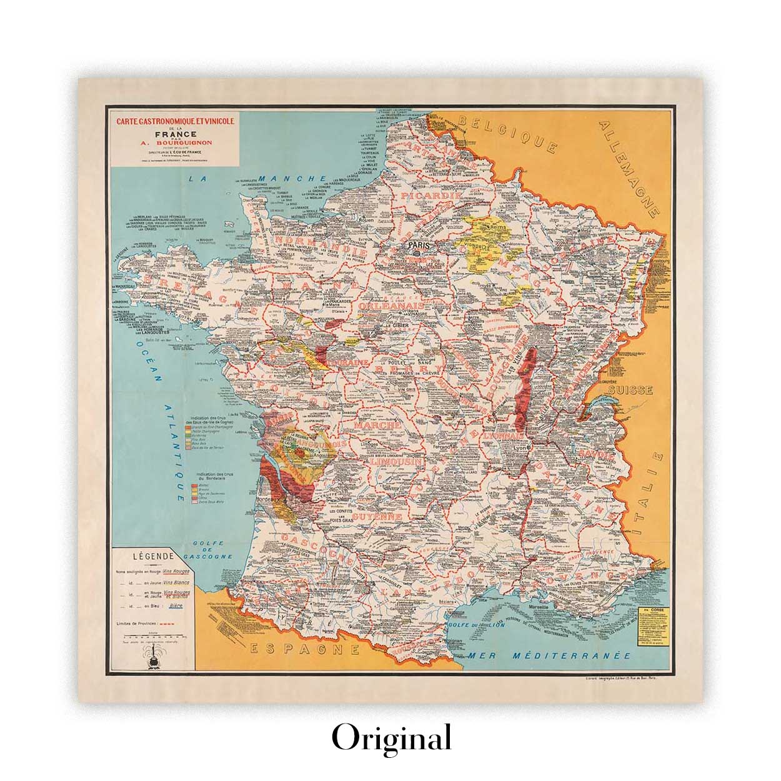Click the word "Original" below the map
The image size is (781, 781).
(391, 738)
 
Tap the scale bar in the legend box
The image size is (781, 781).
(152, 637)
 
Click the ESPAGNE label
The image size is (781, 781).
(304, 649)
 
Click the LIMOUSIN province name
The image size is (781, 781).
(395, 463)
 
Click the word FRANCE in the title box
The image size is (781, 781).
(174, 134)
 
